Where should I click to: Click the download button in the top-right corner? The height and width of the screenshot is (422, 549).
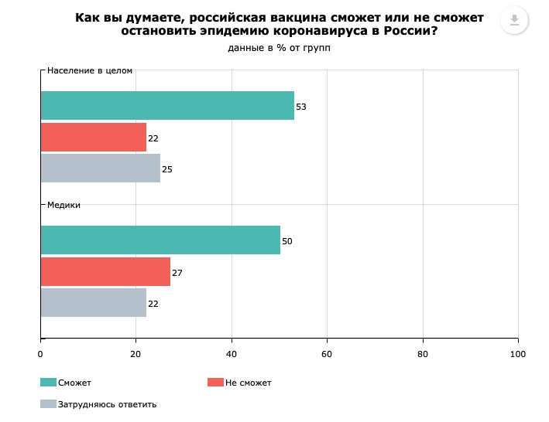click(513, 20)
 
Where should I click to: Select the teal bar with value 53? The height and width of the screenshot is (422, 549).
click(167, 106)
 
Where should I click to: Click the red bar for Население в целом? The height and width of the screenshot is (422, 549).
click(93, 137)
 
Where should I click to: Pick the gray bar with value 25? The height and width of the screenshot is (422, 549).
click(100, 168)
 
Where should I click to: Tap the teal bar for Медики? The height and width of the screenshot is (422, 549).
click(160, 240)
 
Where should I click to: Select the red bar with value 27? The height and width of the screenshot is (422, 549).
click(105, 272)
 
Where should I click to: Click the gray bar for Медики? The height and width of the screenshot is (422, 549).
click(93, 303)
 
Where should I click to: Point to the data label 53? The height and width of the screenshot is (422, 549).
click(301, 107)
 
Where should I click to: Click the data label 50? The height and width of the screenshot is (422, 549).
click(287, 241)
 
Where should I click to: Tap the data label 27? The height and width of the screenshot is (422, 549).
click(177, 273)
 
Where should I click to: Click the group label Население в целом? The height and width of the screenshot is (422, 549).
click(90, 70)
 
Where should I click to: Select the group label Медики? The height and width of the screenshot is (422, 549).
click(64, 205)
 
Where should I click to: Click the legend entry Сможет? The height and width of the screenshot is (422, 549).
click(74, 383)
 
